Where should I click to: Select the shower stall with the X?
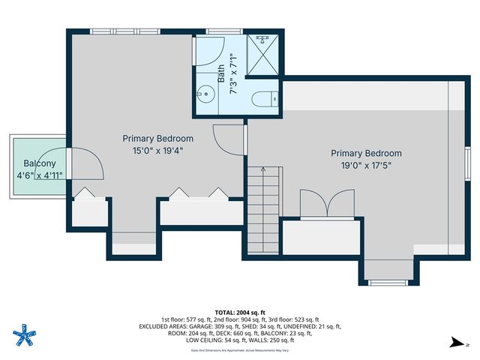[x=263, y=52]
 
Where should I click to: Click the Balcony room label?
[x=39, y=163]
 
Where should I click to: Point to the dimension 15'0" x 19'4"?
[x=158, y=150]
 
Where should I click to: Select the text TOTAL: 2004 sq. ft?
[x=240, y=312]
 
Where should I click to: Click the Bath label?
[x=221, y=73]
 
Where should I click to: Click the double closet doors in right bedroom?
[x=327, y=203]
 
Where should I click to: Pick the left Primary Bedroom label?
[x=158, y=139]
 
